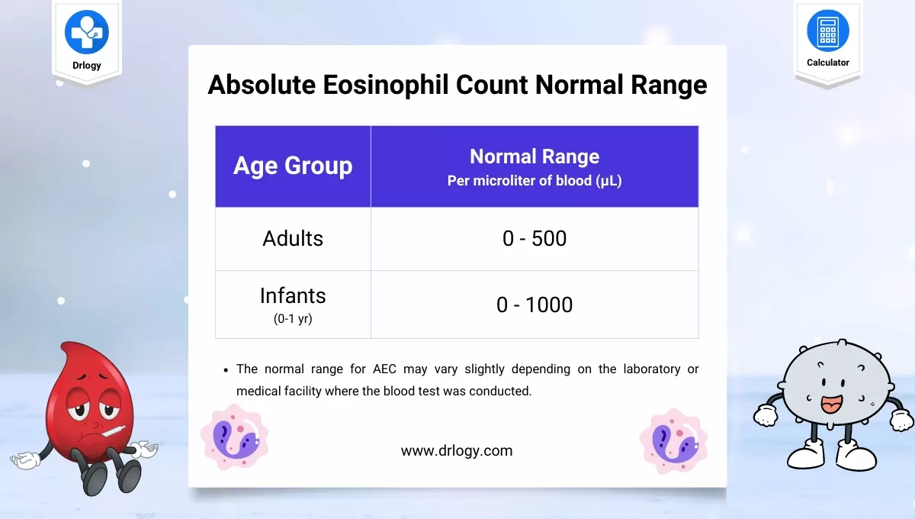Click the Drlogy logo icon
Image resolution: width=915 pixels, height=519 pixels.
(86, 31)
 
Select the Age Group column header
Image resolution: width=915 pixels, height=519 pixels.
(293, 166)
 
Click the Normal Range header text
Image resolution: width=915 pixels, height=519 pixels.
(535, 156)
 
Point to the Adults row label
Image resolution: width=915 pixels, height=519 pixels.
(293, 238)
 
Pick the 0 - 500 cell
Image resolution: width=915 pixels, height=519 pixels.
(535, 238)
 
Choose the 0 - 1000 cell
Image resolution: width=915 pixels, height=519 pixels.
(535, 305)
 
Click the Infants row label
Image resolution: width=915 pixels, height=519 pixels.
(293, 296)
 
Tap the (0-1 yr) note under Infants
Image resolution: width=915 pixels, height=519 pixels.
(293, 319)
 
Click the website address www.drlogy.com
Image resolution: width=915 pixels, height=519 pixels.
(457, 450)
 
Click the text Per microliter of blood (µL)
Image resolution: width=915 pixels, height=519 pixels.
(535, 182)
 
